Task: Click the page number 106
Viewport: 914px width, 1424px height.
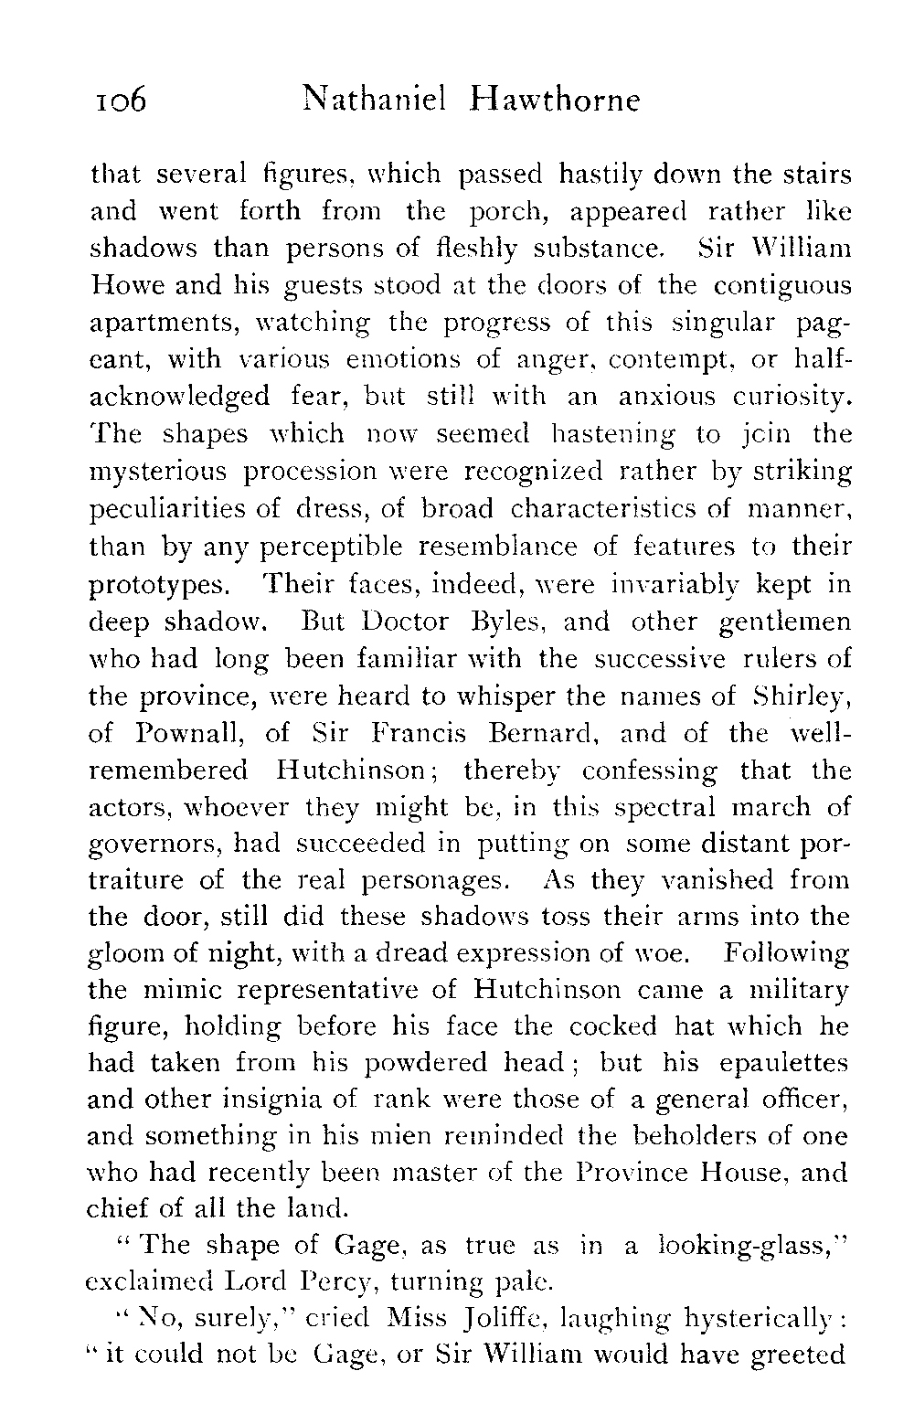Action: [x=119, y=99]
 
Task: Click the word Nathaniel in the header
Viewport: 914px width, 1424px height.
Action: [x=374, y=97]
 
